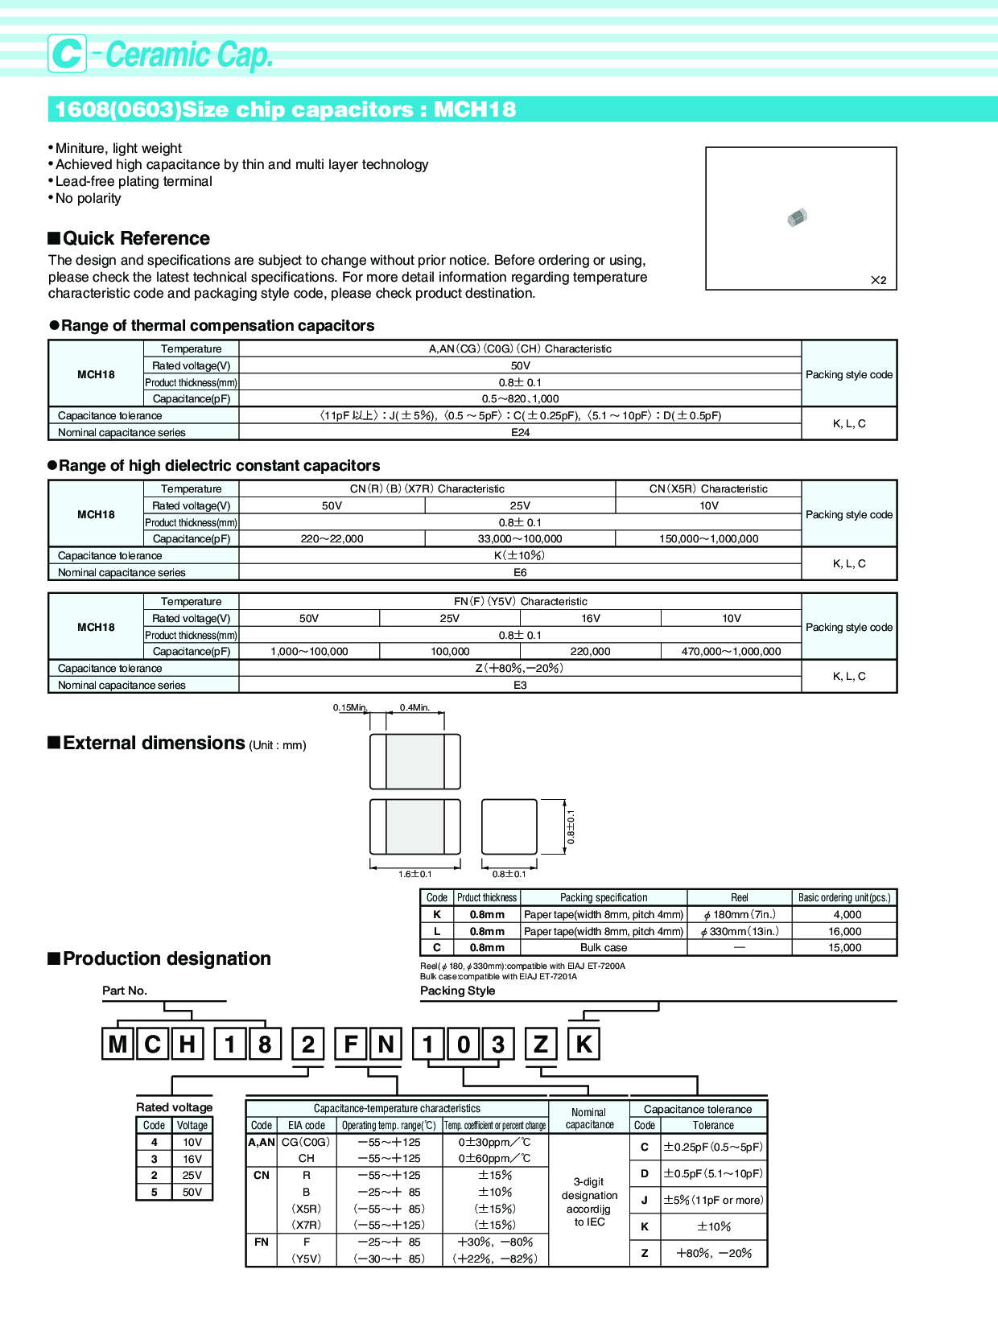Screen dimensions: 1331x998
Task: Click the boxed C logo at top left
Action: [67, 54]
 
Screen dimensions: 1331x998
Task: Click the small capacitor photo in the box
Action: [797, 217]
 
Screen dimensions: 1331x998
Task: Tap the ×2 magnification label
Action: [878, 280]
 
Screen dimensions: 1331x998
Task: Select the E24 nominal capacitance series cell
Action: [520, 432]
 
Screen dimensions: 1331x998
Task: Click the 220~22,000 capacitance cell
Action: [332, 538]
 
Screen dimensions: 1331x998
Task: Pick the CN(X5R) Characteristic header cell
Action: [708, 488]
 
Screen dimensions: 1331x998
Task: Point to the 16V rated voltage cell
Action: [590, 618]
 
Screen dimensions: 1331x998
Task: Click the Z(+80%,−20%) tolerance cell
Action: [520, 668]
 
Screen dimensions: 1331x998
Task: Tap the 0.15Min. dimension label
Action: [350, 707]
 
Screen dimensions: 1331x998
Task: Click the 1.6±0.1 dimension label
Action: [415, 874]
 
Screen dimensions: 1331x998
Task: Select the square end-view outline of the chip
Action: [509, 826]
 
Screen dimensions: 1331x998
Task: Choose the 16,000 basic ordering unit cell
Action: [845, 931]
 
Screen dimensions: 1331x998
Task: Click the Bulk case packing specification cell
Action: [604, 947]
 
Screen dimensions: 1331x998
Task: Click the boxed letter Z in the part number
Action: [541, 1044]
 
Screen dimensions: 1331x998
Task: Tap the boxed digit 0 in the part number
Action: [464, 1044]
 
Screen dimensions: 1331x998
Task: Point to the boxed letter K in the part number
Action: [584, 1044]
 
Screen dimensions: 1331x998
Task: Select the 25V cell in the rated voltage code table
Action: [192, 1175]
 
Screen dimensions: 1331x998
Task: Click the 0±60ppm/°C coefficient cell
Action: [495, 1158]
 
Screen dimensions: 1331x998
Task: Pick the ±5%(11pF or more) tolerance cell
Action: [713, 1200]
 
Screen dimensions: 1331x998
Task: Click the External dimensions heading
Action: [154, 743]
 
